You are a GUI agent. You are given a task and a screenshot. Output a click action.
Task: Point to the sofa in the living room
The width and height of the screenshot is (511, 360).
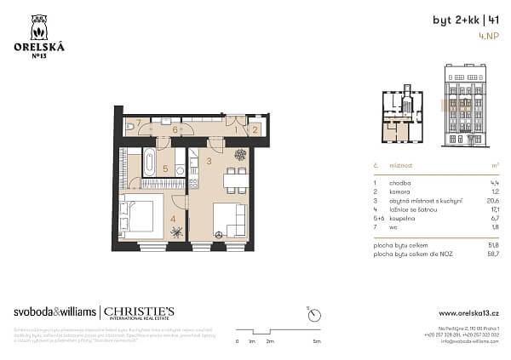coord(230,220)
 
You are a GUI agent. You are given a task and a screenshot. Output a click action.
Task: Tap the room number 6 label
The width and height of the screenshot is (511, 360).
coord(175,129)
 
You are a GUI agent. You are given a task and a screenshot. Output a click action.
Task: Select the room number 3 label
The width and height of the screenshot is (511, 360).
coord(209,159)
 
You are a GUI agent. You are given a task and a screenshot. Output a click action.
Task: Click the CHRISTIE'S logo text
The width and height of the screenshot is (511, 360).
coord(139,311)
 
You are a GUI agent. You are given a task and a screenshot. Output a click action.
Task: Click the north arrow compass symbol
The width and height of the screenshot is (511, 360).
coord(315,315)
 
